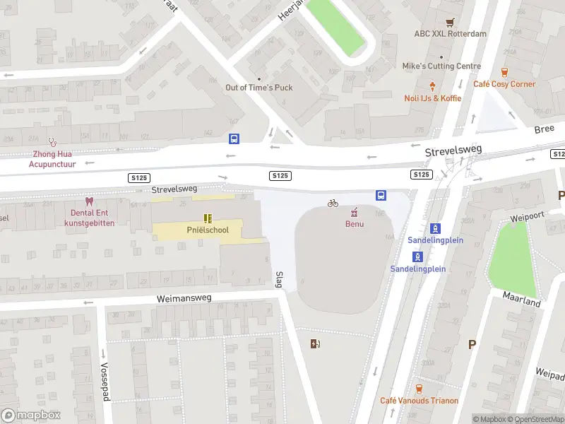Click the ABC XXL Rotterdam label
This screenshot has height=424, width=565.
tap(450, 33)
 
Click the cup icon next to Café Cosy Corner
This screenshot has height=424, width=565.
tap(504, 72)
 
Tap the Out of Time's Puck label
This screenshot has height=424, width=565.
tap(258, 88)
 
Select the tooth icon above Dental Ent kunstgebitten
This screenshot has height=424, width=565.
tap(88, 201)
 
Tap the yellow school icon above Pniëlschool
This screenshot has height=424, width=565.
tap(208, 218)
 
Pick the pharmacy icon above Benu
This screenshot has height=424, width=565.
tap(354, 212)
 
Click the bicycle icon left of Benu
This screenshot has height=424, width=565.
tap(333, 204)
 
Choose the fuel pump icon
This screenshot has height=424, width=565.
tap(315, 344)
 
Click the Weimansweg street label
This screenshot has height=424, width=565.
tap(185, 300)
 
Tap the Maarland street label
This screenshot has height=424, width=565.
tap(522, 298)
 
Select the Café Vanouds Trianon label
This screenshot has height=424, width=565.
tap(419, 401)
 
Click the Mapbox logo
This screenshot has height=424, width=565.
tap(30, 416)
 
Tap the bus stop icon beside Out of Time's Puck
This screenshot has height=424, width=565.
tap(234, 139)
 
